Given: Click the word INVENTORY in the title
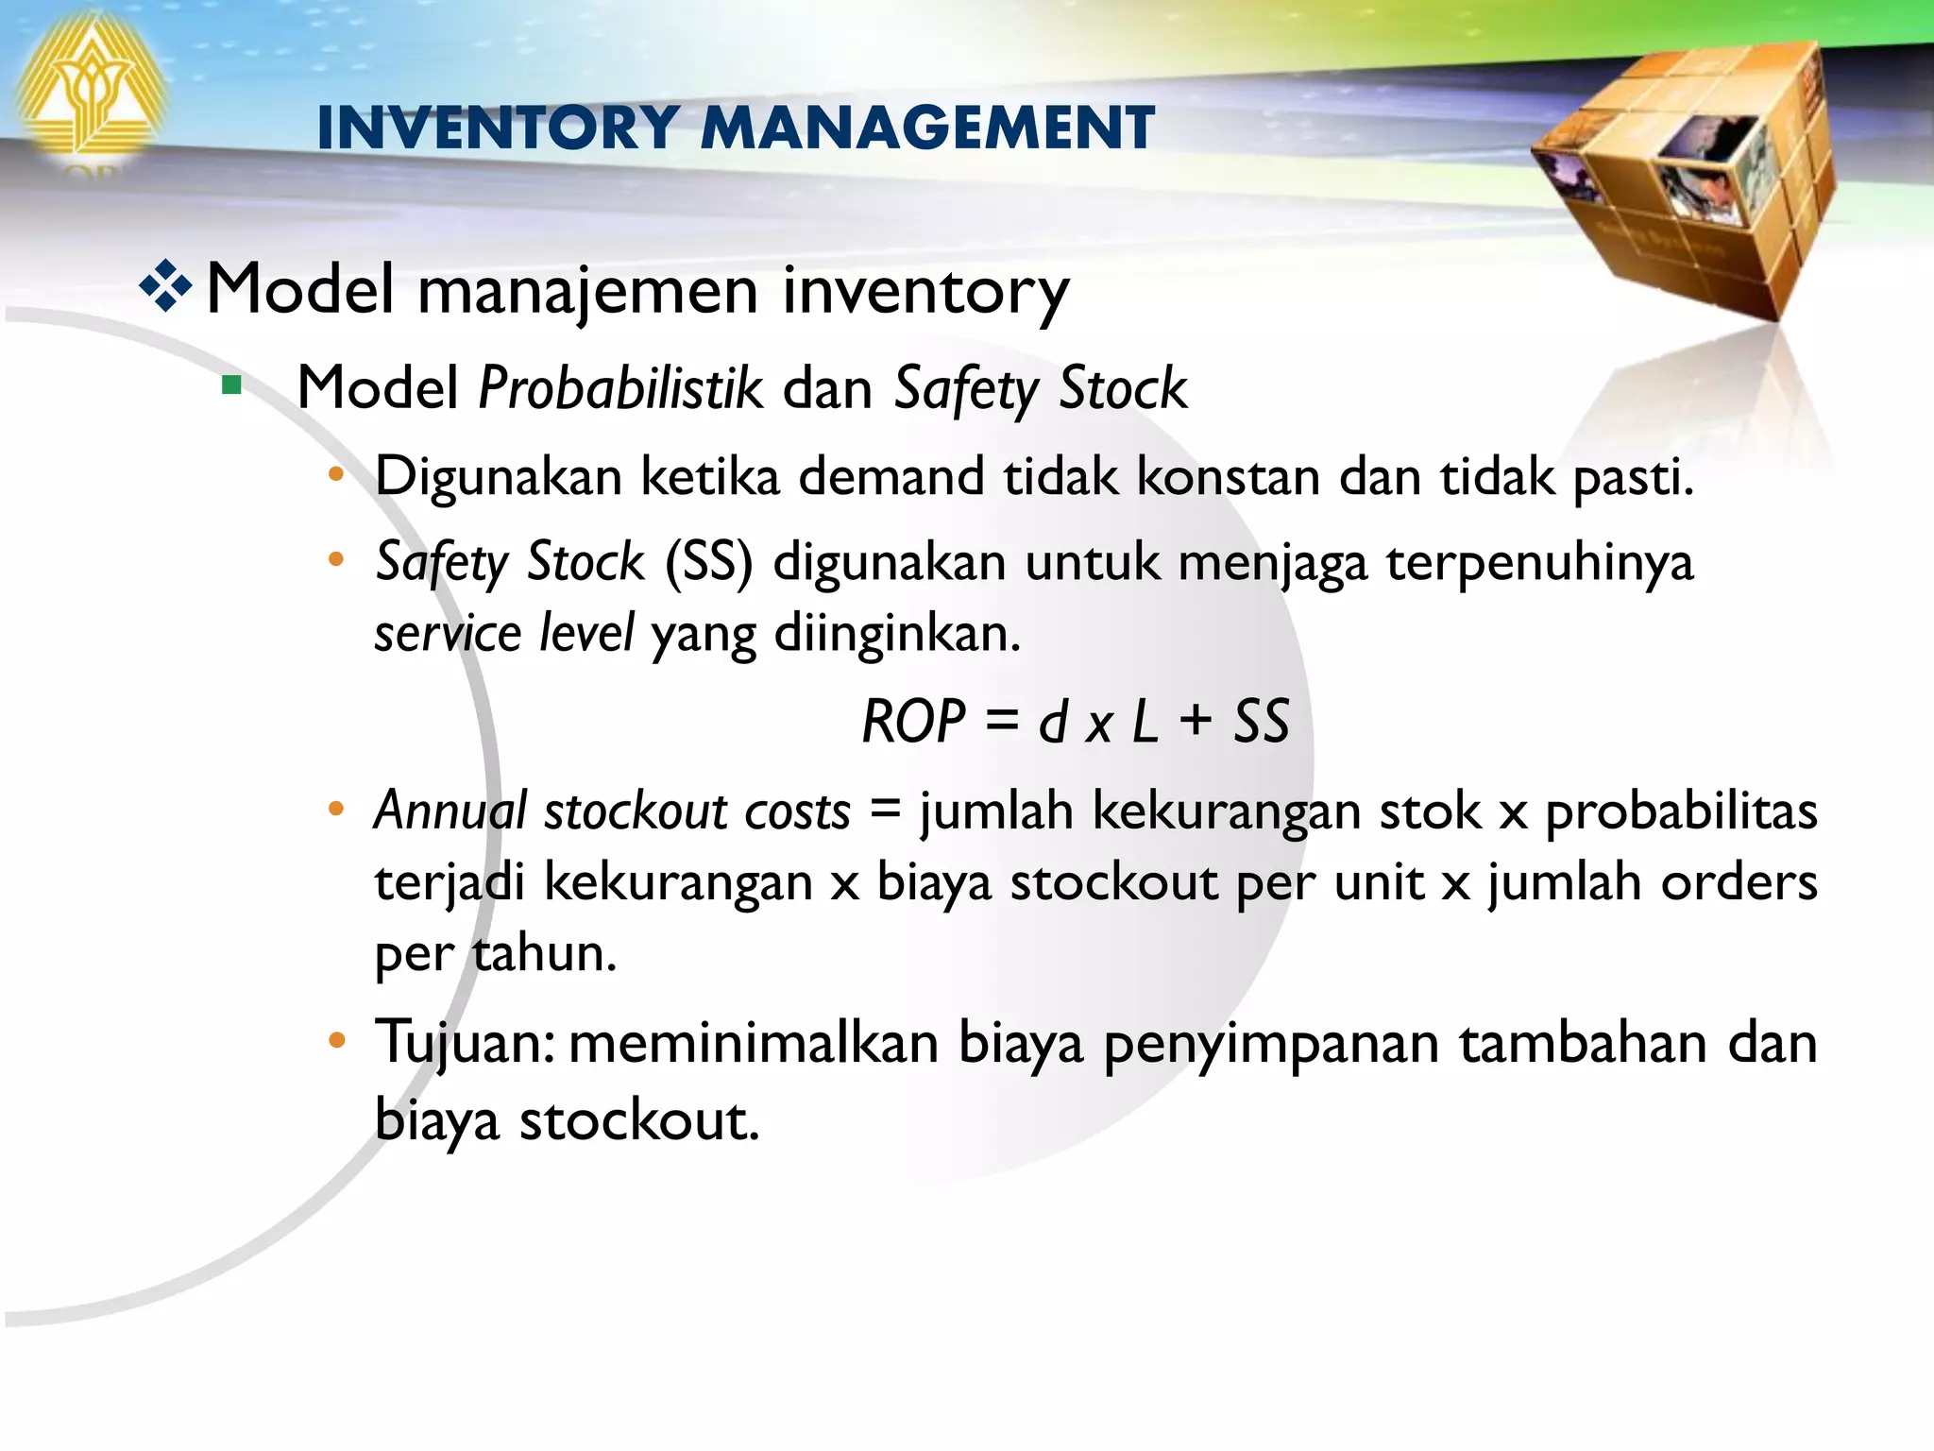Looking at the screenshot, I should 498,128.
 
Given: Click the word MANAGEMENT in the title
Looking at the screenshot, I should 927,128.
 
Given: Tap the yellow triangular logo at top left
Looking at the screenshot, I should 90,94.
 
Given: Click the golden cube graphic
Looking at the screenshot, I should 1690,179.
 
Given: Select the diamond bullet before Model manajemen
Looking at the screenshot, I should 165,286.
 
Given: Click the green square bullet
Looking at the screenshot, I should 231,386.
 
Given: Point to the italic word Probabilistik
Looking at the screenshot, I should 620,388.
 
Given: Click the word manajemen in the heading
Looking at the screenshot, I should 587,290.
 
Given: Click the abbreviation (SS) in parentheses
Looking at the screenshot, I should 708,562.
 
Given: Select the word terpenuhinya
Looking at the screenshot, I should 1539,564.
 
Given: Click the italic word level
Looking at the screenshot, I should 586,633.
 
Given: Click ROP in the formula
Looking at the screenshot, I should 913,723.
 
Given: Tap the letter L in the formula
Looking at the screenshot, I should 1145,723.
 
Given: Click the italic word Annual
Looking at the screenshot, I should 450,811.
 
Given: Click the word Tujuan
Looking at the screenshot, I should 463,1044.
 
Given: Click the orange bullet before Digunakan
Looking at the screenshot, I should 336,475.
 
